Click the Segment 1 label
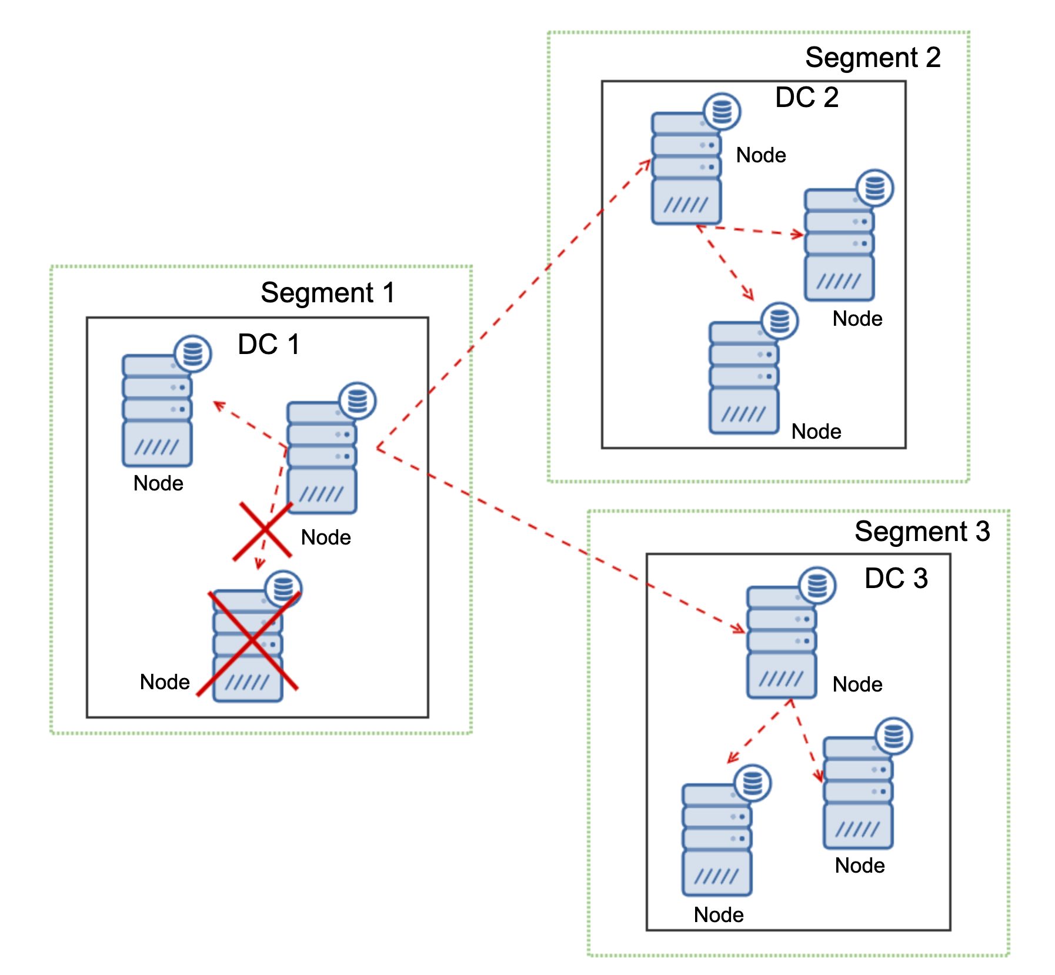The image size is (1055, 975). [x=328, y=292]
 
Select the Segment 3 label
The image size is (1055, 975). [x=922, y=531]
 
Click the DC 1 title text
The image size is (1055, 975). [x=269, y=344]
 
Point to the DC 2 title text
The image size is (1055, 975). [x=806, y=97]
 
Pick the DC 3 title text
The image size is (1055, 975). [x=896, y=578]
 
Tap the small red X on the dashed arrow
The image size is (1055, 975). [x=263, y=531]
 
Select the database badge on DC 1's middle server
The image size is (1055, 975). [x=358, y=401]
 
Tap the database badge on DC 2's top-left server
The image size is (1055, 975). [x=722, y=111]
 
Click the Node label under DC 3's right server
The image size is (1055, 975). [x=859, y=865]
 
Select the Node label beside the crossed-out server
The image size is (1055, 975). [x=165, y=682]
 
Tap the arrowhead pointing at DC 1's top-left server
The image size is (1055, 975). [x=218, y=405]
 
